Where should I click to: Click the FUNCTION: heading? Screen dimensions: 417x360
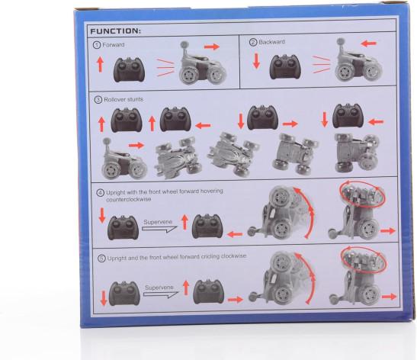[x=115, y=31]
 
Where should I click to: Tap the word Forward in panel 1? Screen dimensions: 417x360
[x=114, y=45]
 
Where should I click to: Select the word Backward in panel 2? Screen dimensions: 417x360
[x=271, y=42]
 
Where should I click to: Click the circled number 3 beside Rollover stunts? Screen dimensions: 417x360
[x=98, y=100]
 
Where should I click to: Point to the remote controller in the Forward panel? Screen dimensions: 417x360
[x=130, y=69]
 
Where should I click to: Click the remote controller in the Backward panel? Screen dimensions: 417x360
[x=285, y=66]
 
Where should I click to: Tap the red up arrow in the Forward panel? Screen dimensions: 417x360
[x=100, y=64]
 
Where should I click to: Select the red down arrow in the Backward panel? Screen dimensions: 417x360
[x=256, y=61]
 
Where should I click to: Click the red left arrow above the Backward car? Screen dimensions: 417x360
[x=369, y=43]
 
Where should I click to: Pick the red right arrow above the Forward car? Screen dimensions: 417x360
[x=212, y=47]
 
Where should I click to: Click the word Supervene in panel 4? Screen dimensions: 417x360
[x=158, y=222]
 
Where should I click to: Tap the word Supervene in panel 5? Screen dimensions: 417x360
[x=159, y=288]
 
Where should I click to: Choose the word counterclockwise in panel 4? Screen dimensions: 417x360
[x=129, y=199]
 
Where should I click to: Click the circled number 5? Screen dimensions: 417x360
[x=101, y=259]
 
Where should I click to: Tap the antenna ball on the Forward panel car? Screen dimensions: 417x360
[x=184, y=45]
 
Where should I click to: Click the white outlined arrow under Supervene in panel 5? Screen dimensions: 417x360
[x=161, y=295]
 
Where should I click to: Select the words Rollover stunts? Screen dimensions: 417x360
[x=123, y=99]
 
